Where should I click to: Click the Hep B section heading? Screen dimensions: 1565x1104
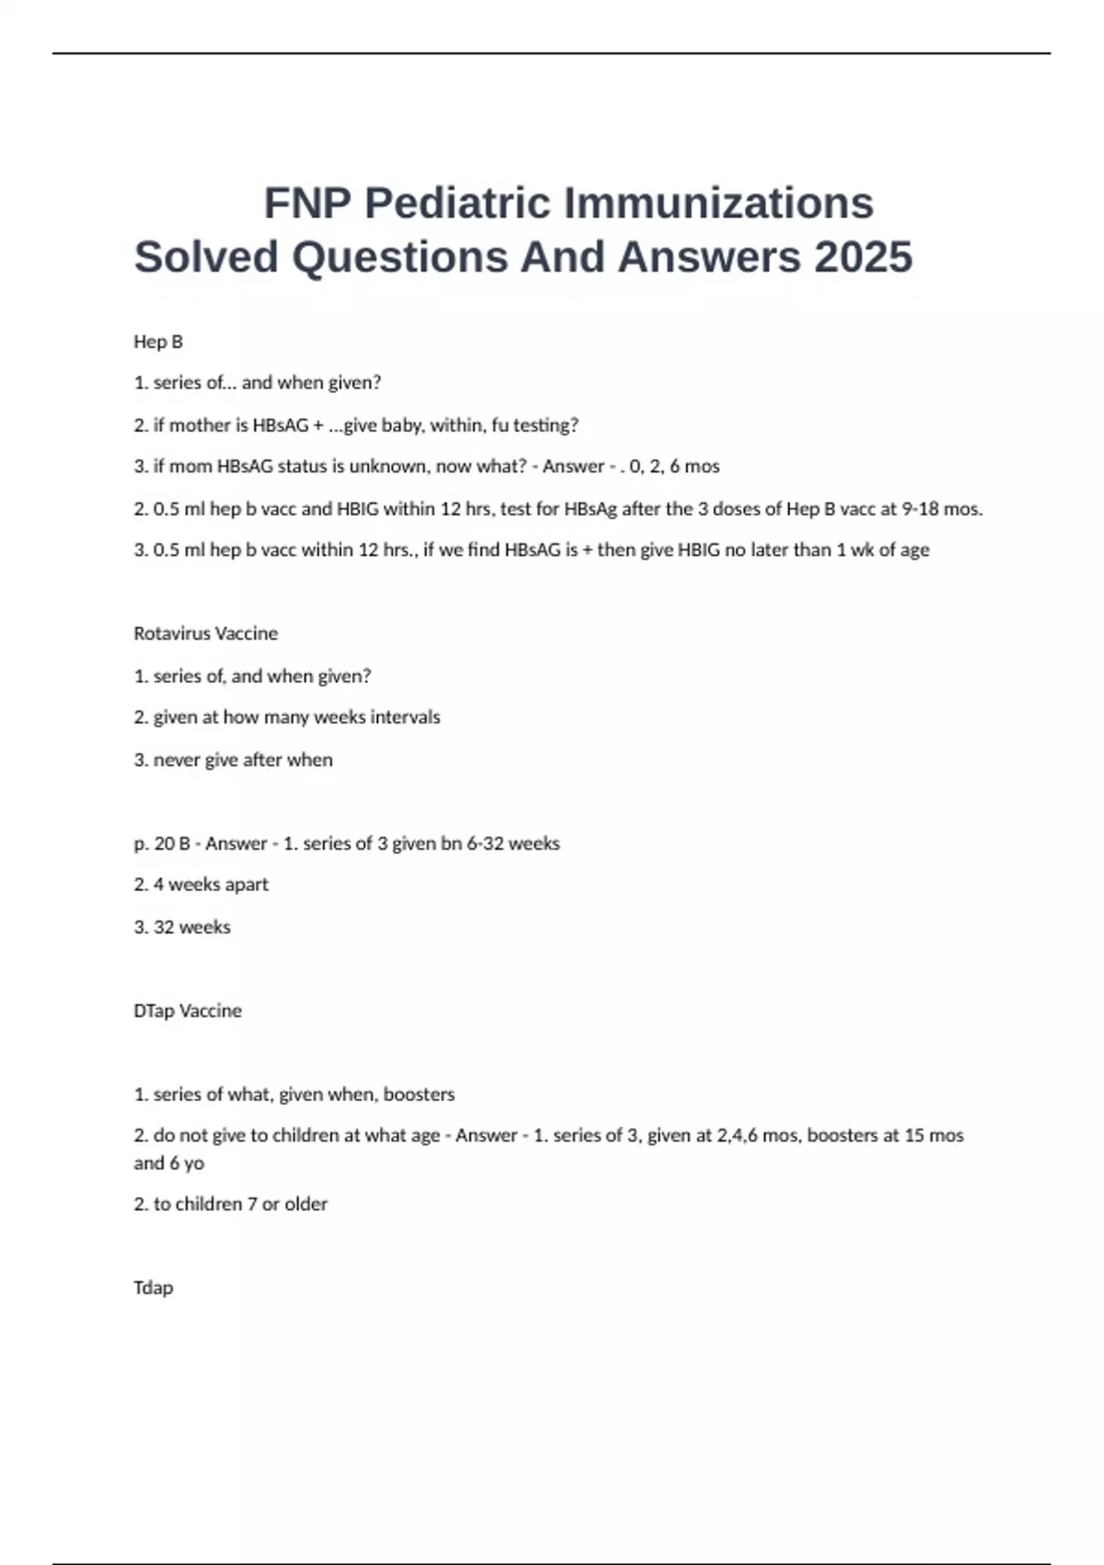(x=158, y=342)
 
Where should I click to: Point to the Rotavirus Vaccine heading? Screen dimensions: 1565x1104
(x=205, y=633)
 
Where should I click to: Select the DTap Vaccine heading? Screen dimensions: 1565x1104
(x=188, y=1011)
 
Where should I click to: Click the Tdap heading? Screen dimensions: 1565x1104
(x=153, y=1287)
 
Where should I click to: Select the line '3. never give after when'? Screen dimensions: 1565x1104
(x=233, y=759)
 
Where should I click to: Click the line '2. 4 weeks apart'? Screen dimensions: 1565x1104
(x=201, y=885)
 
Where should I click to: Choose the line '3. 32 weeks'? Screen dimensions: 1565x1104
(x=182, y=927)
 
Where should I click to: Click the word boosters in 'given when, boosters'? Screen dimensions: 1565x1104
(x=419, y=1095)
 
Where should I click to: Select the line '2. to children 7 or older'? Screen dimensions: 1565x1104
(x=230, y=1204)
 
